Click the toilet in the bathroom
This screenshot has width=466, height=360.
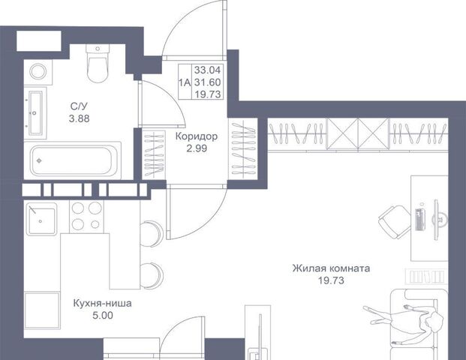tap(98, 63)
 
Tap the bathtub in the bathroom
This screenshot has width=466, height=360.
tap(72, 160)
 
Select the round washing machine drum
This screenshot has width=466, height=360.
tap(38, 72)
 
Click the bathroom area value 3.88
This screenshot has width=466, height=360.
tap(79, 118)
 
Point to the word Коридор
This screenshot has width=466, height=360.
tap(197, 136)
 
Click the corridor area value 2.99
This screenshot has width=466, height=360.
tap(197, 148)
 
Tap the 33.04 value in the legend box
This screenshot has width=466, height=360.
tap(207, 70)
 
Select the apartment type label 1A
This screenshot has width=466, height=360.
tap(185, 82)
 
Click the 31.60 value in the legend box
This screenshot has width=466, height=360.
tap(207, 82)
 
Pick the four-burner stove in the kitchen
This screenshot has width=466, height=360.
tap(86, 217)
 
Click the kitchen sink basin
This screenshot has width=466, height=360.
tap(41, 219)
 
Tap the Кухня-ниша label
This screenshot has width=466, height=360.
tap(103, 304)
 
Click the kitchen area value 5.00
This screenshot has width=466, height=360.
tap(103, 316)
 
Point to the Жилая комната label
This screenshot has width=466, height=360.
tap(332, 268)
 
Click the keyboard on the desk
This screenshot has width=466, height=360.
tap(419, 219)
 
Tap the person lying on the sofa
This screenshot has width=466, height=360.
tap(404, 322)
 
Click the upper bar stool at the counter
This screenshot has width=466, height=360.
tap(152, 234)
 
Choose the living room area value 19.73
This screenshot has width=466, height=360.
tap(332, 280)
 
